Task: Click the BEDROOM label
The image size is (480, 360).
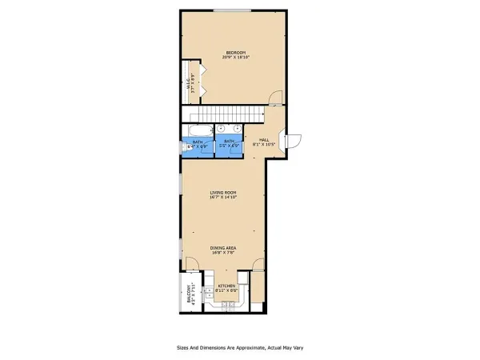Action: point(234,52)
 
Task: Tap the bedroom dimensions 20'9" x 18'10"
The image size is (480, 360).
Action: point(234,57)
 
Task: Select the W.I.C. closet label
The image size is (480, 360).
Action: point(189,81)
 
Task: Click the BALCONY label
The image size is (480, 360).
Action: point(190,294)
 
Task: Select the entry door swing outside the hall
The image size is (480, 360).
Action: point(293,140)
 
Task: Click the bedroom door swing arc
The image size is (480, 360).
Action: point(274,98)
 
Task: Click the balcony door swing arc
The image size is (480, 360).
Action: point(192,266)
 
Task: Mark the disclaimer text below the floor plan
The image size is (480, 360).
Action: point(240,348)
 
